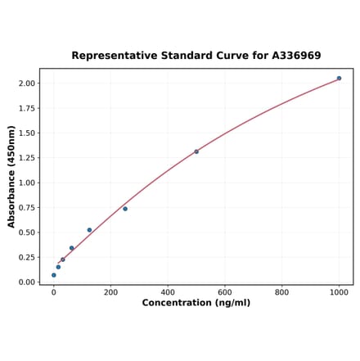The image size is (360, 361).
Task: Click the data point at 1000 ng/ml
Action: [x=339, y=79]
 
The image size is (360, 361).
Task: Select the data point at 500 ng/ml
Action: [x=196, y=151]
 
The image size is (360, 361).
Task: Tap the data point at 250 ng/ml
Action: [x=125, y=209]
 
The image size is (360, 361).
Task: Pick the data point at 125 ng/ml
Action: [x=89, y=230]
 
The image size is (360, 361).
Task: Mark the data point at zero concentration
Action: [x=54, y=275]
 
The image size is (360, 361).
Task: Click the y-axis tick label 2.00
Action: [x=26, y=83]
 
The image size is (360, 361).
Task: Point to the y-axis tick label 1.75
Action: [x=26, y=108]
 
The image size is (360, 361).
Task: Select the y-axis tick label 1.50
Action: [x=26, y=133]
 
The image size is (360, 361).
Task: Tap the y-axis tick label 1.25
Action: [x=26, y=158]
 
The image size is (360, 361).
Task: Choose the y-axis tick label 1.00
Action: [x=26, y=183]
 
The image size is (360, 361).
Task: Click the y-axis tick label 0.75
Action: [x=26, y=208]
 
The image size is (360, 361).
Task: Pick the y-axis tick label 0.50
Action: [x=26, y=232]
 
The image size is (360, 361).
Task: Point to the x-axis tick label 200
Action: [x=110, y=291]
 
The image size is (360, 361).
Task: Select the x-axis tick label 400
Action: [x=168, y=291]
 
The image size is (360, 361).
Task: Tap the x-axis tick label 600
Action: [x=225, y=291]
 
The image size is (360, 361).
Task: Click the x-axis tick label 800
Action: [x=281, y=291]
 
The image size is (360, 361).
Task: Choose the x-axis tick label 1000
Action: [x=339, y=291]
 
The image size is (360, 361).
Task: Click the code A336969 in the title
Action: [x=292, y=56]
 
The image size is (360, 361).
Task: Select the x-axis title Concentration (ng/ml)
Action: [x=196, y=303]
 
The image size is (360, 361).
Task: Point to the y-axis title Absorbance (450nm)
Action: [x=11, y=176]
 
